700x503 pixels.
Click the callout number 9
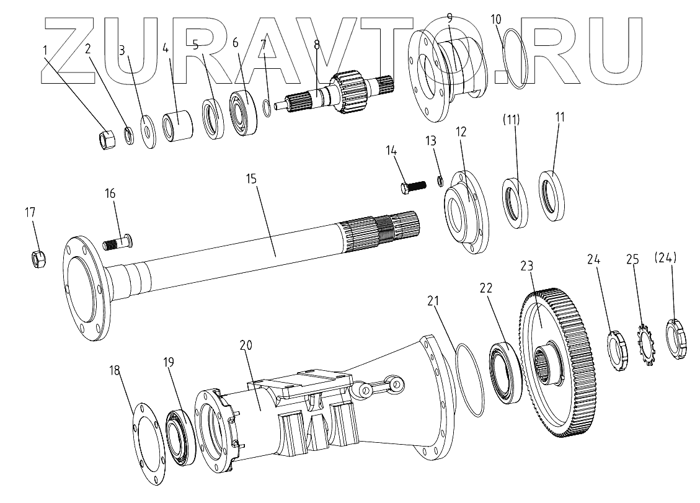click(449, 17)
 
